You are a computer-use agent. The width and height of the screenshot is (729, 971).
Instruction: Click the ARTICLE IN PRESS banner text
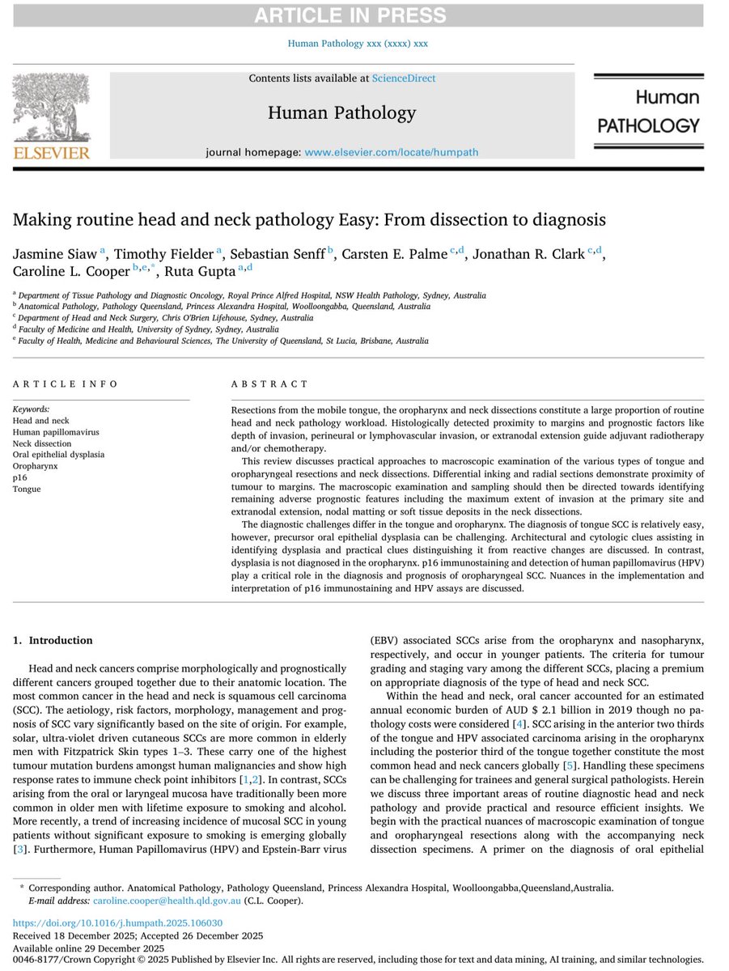[364, 15]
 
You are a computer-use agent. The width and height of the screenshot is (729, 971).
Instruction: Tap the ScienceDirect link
[403, 78]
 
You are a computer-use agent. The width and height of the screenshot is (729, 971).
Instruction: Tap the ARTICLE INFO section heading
[66, 384]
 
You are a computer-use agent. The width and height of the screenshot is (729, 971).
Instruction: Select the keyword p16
[19, 477]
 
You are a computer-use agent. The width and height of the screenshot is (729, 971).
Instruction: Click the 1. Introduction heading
[53, 641]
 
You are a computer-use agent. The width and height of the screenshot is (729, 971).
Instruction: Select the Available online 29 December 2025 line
[89, 948]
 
